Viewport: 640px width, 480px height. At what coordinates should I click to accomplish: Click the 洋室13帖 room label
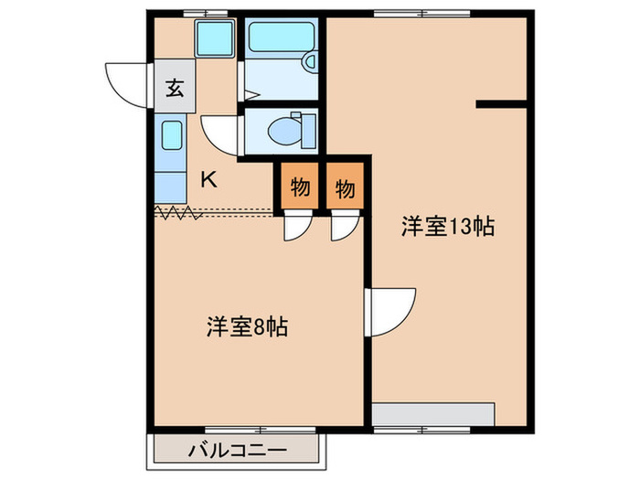click(x=448, y=228)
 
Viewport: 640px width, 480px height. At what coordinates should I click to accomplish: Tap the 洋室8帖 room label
click(x=247, y=326)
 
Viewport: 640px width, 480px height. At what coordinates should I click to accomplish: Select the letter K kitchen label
click(x=208, y=179)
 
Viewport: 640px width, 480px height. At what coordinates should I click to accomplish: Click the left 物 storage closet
click(x=299, y=189)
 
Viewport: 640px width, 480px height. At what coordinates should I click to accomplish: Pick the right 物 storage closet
click(x=345, y=189)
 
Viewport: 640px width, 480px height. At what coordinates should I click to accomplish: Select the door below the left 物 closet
click(x=295, y=228)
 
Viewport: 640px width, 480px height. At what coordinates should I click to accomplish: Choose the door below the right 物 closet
click(x=343, y=228)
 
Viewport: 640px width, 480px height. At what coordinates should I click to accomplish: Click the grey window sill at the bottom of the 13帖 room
click(x=433, y=413)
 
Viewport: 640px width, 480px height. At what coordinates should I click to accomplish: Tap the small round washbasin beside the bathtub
click(x=309, y=62)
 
